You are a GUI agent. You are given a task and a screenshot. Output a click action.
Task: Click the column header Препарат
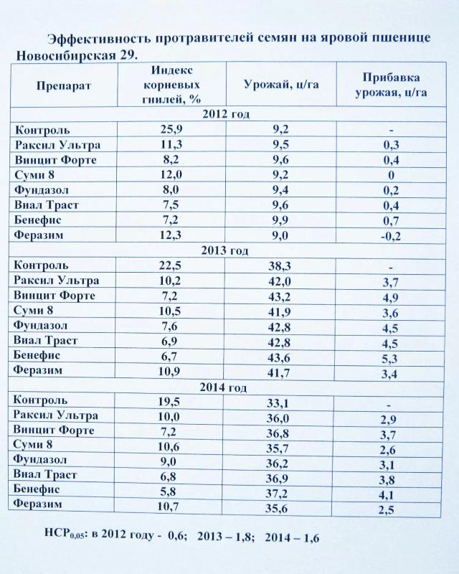coord(63,85)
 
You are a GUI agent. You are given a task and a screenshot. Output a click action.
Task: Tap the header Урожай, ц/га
coord(282,85)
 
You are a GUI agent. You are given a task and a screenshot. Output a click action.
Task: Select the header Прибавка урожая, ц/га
coord(392,85)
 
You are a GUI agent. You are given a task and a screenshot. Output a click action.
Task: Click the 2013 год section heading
coord(225,250)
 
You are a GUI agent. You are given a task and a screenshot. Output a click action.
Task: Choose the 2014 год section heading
coord(224,387)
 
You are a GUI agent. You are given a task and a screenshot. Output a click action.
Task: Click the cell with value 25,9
coord(175,129)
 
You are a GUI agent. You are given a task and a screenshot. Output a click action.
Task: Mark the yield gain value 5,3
coord(390,359)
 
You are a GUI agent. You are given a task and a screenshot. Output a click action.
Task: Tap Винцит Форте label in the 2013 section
coord(55,295)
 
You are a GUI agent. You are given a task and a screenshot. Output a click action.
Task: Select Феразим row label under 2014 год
coord(37,505)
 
